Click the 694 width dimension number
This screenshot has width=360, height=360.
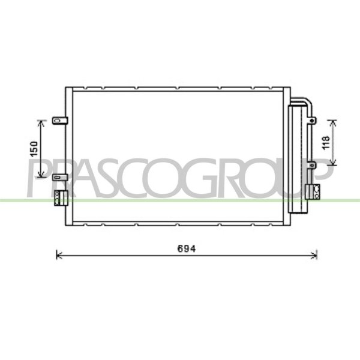click(187, 249)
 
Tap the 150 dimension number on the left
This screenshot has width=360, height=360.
click(34, 149)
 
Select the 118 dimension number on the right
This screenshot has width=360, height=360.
click(326, 143)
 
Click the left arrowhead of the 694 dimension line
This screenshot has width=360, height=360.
click(59, 255)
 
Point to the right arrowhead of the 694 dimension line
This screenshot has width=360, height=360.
click(314, 255)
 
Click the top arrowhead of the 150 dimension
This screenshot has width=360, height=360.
click(41, 123)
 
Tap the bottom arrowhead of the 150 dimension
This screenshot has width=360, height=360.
click(41, 175)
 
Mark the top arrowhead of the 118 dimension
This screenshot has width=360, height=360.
click(332, 122)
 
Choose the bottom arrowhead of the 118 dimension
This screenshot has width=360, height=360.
click(332, 163)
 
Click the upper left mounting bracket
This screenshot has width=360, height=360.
click(60, 121)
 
